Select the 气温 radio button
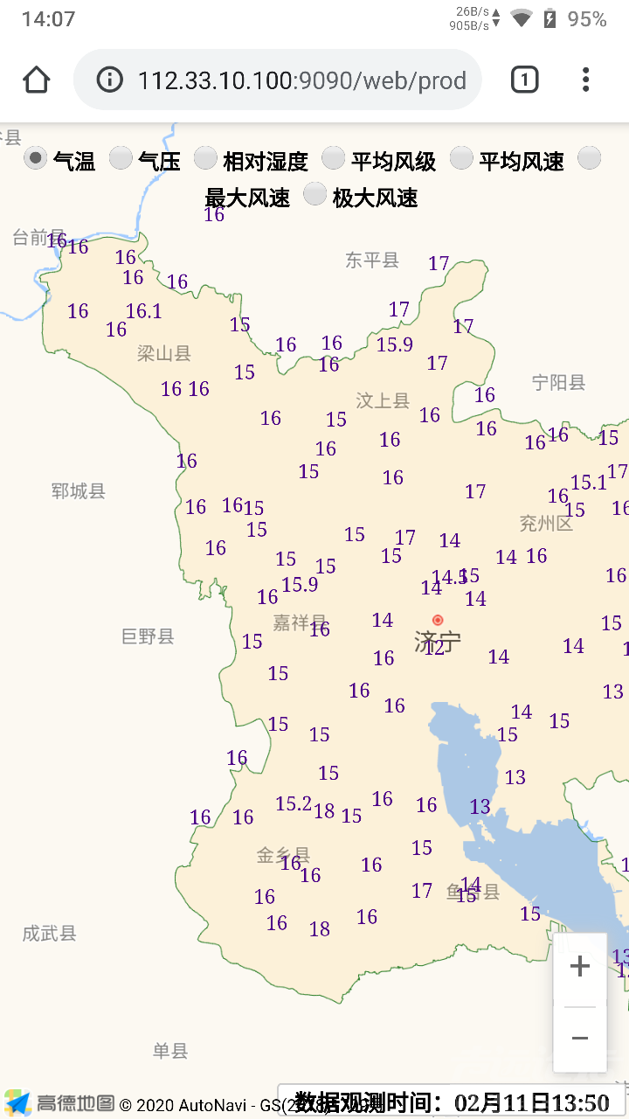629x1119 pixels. pyautogui.click(x=35, y=158)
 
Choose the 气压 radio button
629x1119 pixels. pyautogui.click(x=121, y=158)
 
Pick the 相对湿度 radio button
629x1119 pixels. pyautogui.click(x=205, y=158)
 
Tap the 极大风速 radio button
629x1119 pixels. pyautogui.click(x=314, y=195)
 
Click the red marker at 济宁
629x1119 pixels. pyautogui.click(x=438, y=621)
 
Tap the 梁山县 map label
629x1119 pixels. pyautogui.click(x=164, y=353)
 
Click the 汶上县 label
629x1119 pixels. pyautogui.click(x=383, y=400)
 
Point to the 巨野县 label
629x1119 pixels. pyautogui.click(x=148, y=636)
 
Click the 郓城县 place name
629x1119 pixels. pyautogui.click(x=79, y=491)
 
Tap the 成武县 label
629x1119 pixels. pyautogui.click(x=50, y=934)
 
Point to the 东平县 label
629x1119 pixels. pyautogui.click(x=372, y=260)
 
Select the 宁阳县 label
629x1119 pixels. pyautogui.click(x=559, y=382)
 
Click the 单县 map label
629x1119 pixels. pyautogui.click(x=170, y=1051)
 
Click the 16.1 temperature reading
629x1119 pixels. pyautogui.click(x=144, y=311)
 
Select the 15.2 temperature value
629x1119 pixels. pyautogui.click(x=294, y=803)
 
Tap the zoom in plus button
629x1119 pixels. pyautogui.click(x=579, y=967)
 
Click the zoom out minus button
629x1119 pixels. pyautogui.click(x=579, y=1039)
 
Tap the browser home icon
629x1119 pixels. pyautogui.click(x=37, y=80)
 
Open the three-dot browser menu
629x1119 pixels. pyautogui.click(x=585, y=80)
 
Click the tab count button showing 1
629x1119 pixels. pyautogui.click(x=524, y=80)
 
